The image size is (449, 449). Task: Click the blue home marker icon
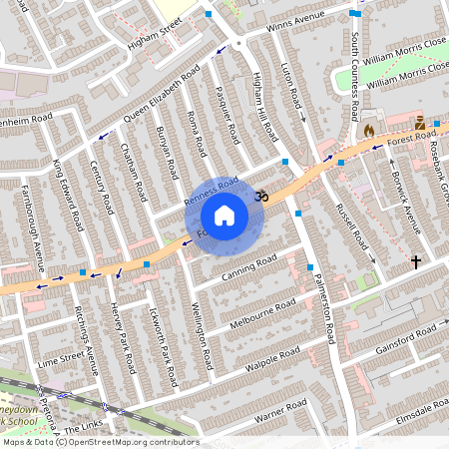[x=224, y=216]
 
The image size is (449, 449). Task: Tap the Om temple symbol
[x=261, y=197]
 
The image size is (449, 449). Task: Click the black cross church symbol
[x=416, y=261]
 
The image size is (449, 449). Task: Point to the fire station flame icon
[x=368, y=131]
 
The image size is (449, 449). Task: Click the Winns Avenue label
[x=296, y=21]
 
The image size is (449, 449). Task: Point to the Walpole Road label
[x=275, y=357]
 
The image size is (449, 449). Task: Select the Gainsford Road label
[x=407, y=334]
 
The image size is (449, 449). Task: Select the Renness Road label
[x=212, y=192]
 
